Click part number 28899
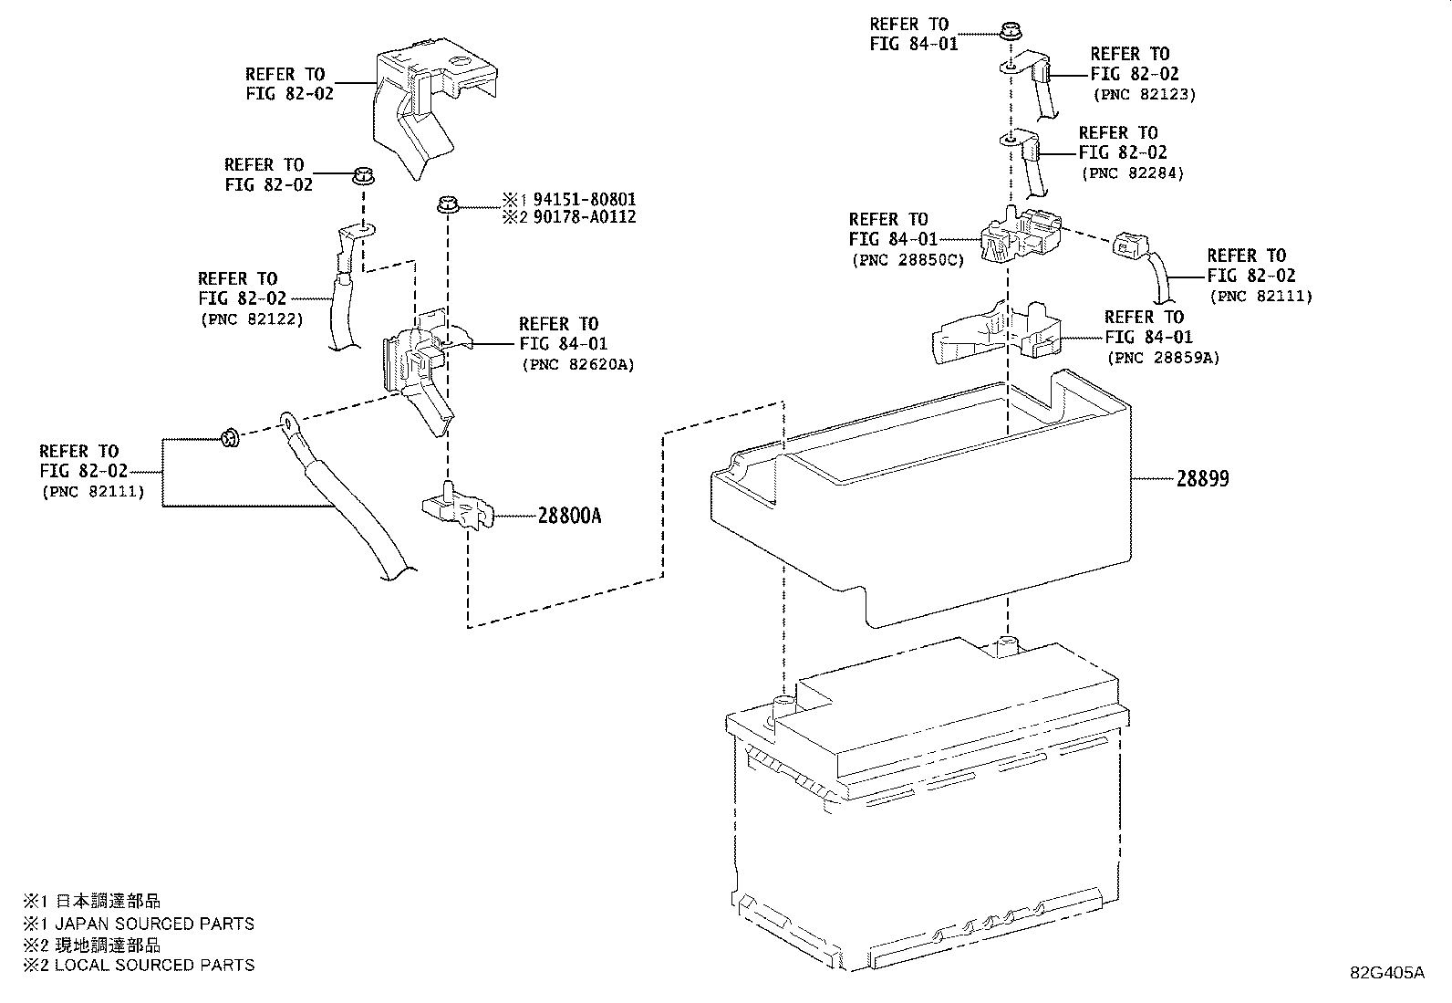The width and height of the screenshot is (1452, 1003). click(x=1201, y=478)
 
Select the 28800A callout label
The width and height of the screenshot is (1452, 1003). click(x=569, y=516)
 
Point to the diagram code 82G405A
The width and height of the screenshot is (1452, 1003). click(x=1386, y=972)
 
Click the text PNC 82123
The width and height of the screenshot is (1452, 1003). click(x=1144, y=94)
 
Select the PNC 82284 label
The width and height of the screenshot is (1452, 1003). click(x=1132, y=172)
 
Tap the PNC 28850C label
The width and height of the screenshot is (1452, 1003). click(x=907, y=260)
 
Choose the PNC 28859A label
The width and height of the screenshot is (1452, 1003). click(x=1163, y=358)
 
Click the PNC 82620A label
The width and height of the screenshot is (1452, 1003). click(x=578, y=364)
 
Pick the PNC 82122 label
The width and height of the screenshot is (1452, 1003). click(x=251, y=319)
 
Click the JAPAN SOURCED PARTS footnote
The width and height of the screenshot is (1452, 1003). click(x=153, y=924)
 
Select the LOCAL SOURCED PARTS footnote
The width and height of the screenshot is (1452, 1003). click(x=153, y=965)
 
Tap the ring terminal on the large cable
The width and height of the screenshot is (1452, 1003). click(x=288, y=423)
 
